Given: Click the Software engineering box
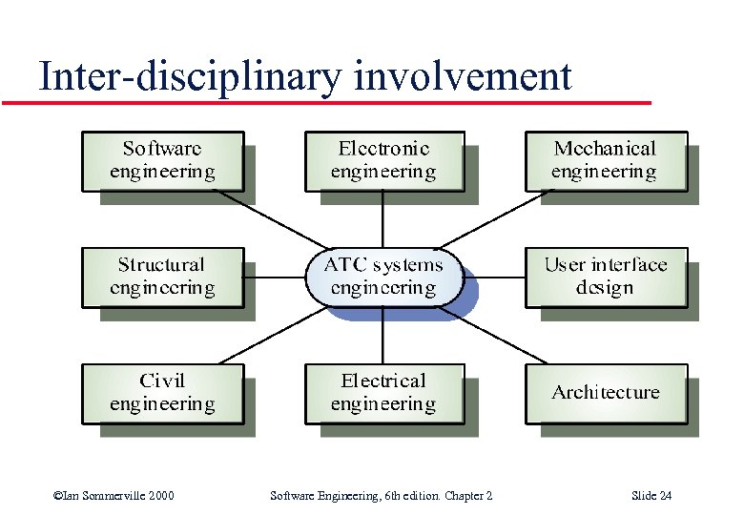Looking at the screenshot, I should coord(162,160).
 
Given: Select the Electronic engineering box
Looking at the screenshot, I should coord(383,160).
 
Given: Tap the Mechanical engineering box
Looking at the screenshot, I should coord(606,160).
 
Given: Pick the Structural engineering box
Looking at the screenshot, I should coord(162,277).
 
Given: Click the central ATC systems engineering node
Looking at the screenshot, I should coord(383,277).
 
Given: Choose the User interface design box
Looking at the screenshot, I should coord(606,277).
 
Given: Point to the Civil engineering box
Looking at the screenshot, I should coord(162,393).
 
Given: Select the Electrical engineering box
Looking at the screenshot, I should coord(383,393).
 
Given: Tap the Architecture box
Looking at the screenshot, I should coord(606,393).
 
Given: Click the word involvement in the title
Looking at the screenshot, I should coord(463,76).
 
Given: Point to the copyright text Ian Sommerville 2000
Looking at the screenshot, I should coord(114,495).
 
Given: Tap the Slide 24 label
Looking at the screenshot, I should coord(651,495).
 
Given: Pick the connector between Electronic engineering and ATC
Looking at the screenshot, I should coord(383,219).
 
